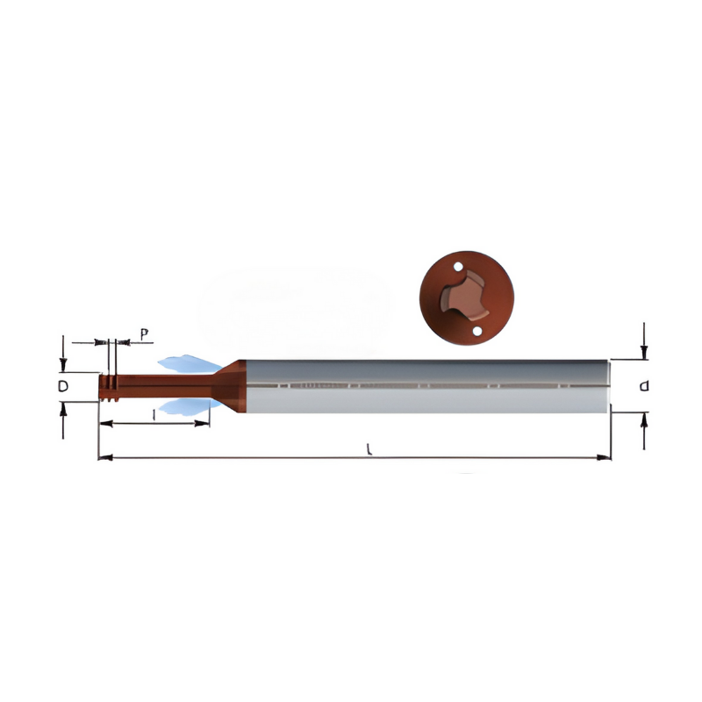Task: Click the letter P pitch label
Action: click(144, 334)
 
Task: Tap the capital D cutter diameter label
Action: click(63, 386)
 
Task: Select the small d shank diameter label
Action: click(644, 386)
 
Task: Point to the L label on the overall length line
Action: click(369, 448)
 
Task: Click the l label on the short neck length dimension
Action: click(154, 414)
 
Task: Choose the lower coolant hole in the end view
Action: click(476, 332)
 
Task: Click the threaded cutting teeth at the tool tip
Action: click(108, 387)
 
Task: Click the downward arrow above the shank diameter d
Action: click(644, 351)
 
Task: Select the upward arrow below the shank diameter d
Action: click(644, 419)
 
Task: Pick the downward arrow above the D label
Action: click(63, 366)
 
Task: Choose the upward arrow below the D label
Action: click(63, 409)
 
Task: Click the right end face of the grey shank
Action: click(608, 385)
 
